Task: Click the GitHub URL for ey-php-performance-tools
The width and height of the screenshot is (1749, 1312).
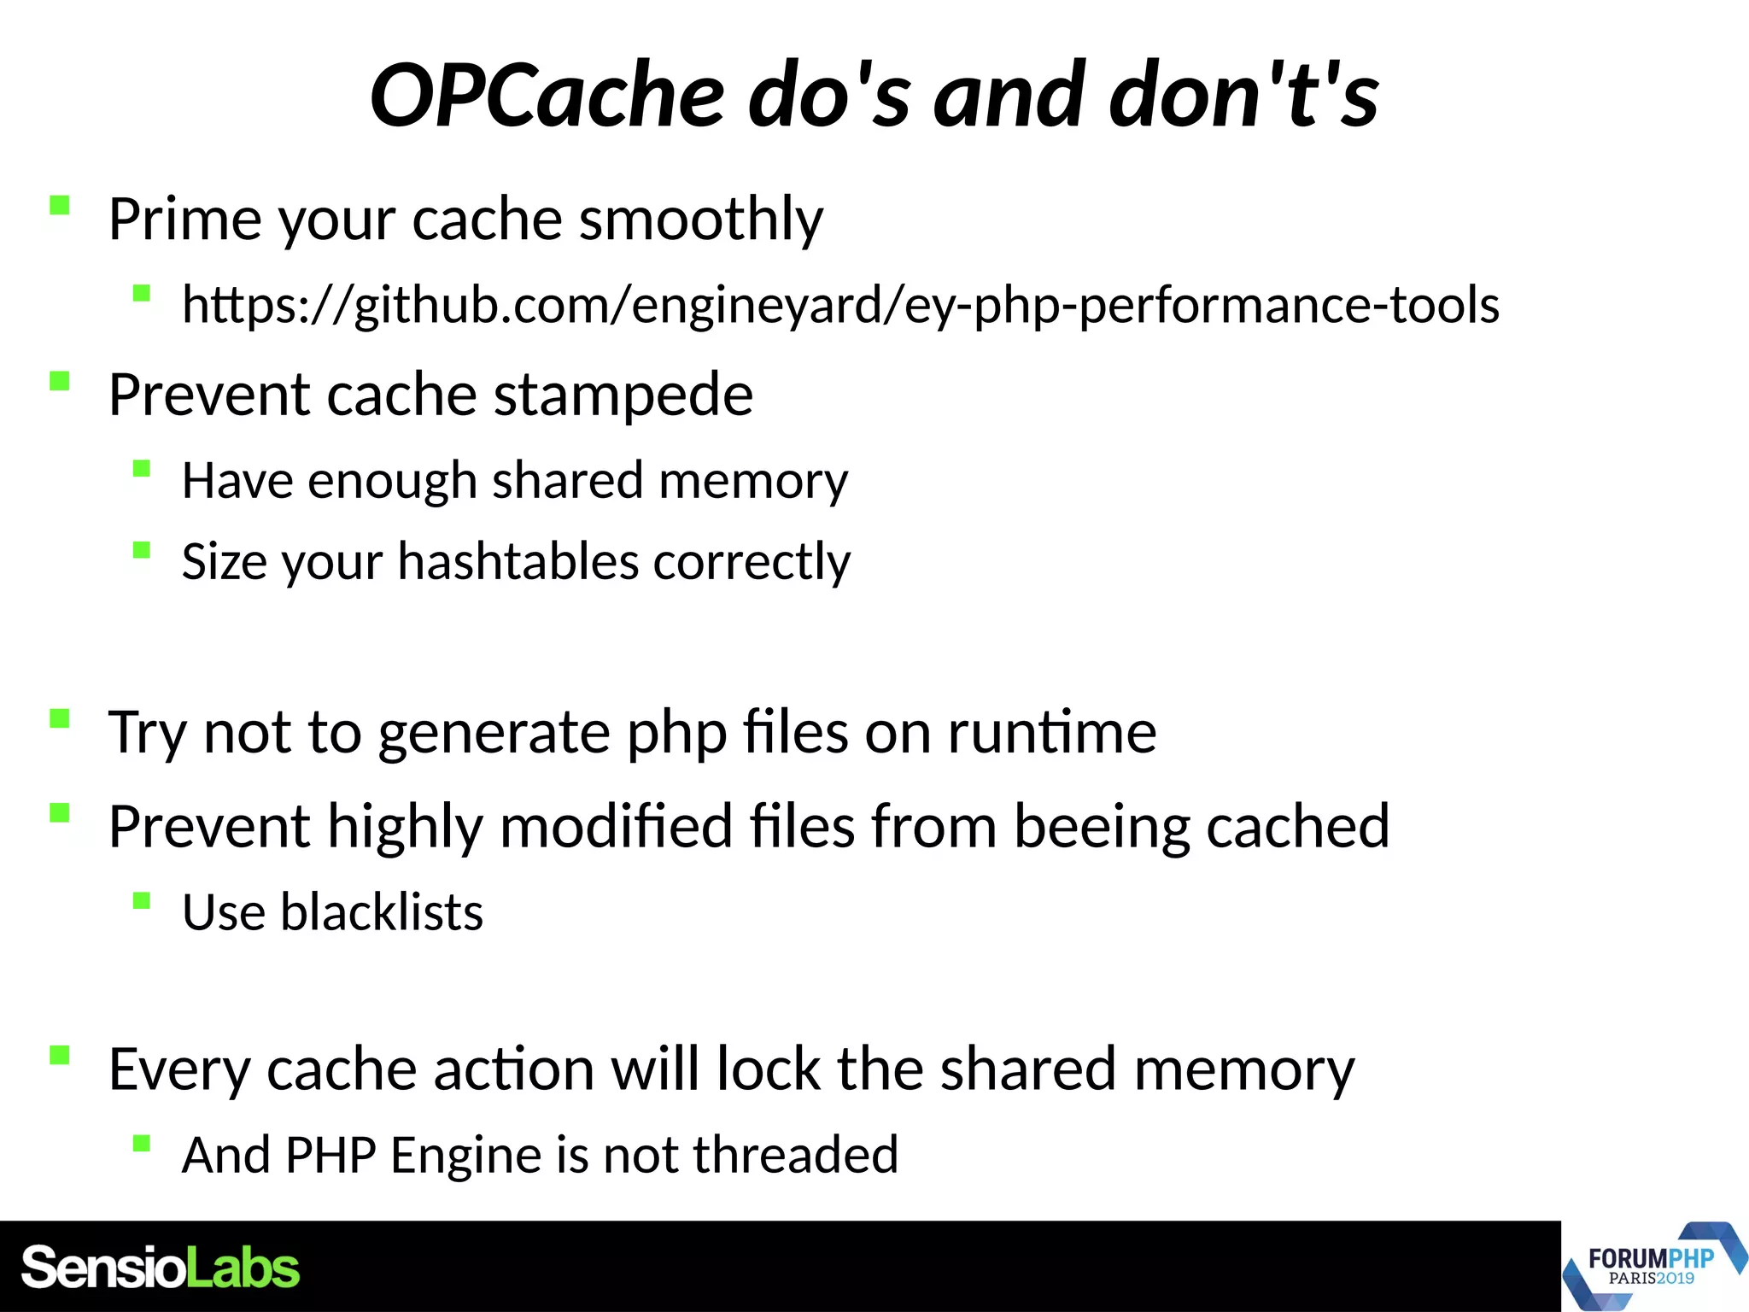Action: click(x=840, y=305)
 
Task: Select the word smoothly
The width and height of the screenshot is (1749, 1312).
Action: click(x=701, y=220)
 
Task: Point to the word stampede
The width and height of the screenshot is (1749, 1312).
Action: click(x=623, y=395)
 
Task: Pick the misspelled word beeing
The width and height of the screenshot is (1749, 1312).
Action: click(x=1102, y=827)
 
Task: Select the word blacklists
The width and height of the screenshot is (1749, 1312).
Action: click(x=382, y=912)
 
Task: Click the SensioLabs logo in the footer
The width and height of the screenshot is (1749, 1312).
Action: click(x=161, y=1268)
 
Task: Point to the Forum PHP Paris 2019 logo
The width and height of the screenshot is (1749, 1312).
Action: click(x=1652, y=1266)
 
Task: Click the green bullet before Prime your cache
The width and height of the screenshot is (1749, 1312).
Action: click(x=59, y=206)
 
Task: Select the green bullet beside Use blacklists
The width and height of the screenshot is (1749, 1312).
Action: click(x=142, y=900)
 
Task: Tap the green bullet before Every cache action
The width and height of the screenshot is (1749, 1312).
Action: click(x=59, y=1056)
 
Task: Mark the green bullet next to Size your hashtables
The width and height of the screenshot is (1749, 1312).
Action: click(x=142, y=549)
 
